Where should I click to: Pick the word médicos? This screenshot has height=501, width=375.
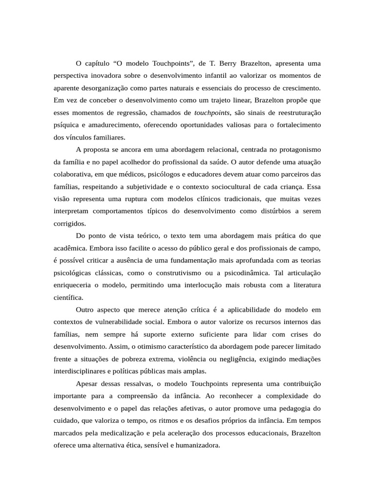click(159, 174)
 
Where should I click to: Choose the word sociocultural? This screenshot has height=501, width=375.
click(229, 186)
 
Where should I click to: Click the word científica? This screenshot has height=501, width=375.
click(68, 296)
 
